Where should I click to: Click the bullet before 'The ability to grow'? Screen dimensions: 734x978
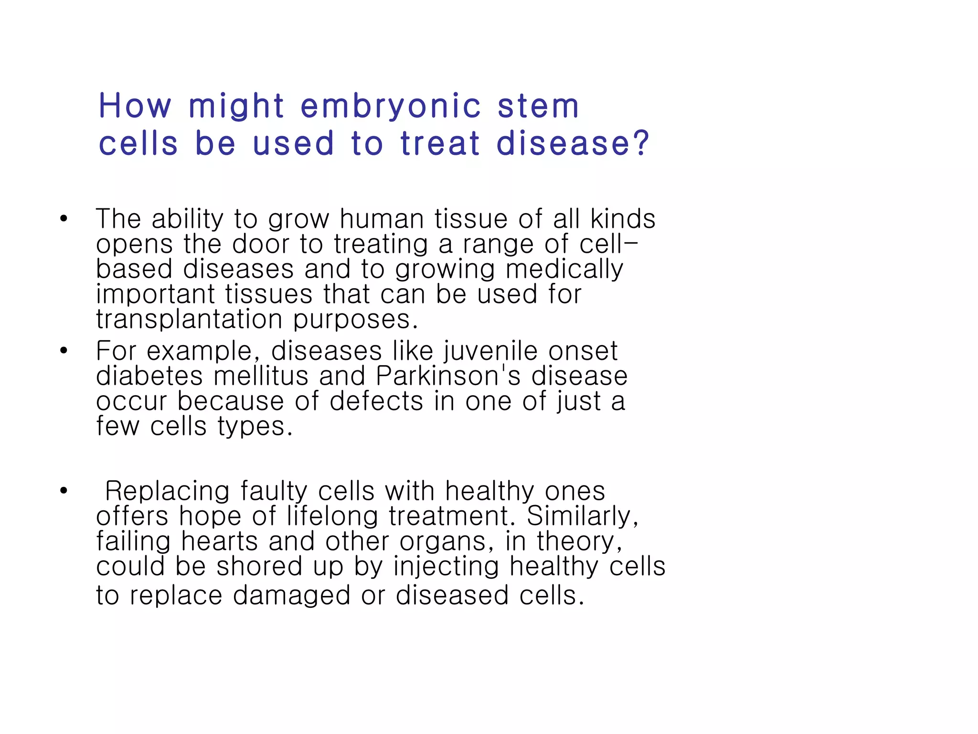point(64,219)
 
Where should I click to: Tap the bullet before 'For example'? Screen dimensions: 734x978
point(64,351)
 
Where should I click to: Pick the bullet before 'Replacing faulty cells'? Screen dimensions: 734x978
point(64,491)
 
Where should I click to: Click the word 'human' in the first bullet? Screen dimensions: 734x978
point(382,219)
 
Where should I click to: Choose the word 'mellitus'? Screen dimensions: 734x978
point(261,376)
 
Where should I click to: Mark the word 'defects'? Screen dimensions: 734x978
point(376,401)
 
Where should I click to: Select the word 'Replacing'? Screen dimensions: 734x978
point(167,491)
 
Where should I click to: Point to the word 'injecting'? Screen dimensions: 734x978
point(446,566)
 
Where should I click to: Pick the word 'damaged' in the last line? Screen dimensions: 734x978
point(291,595)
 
